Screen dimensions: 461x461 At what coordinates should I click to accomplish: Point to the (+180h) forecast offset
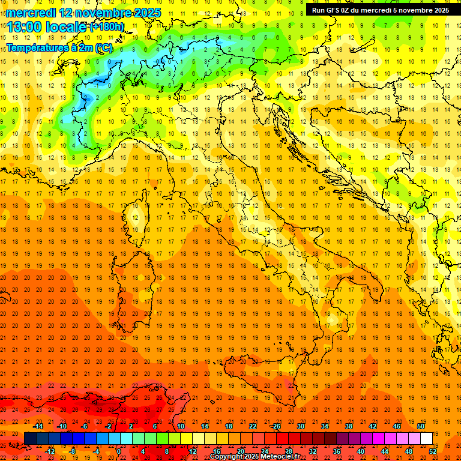coord(106,27)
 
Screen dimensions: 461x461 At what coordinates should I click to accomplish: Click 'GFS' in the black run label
coord(334,10)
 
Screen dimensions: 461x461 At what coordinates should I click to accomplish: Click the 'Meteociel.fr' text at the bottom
coord(279,457)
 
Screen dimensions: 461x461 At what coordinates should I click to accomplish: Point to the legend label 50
coord(421,426)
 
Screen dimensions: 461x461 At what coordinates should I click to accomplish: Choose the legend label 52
coord(433,451)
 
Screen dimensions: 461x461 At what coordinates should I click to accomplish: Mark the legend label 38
coord(348,426)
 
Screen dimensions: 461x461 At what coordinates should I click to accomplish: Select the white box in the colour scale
coord(427,438)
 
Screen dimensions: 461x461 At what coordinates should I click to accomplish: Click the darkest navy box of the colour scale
coord(31,438)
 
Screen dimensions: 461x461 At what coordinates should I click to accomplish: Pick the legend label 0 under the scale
coord(119,451)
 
